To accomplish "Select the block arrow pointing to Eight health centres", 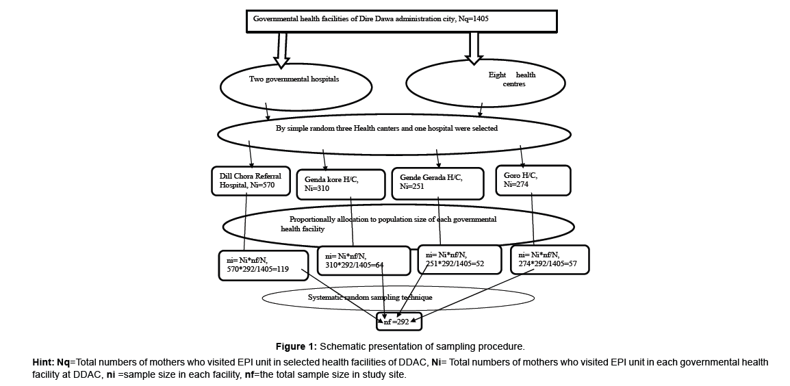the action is pos(474,49).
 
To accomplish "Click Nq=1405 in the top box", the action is pos(474,19).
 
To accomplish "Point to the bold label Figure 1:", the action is pos(296,347).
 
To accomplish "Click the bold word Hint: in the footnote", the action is pos(43,362).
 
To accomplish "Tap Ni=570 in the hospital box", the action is pos(262,185).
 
